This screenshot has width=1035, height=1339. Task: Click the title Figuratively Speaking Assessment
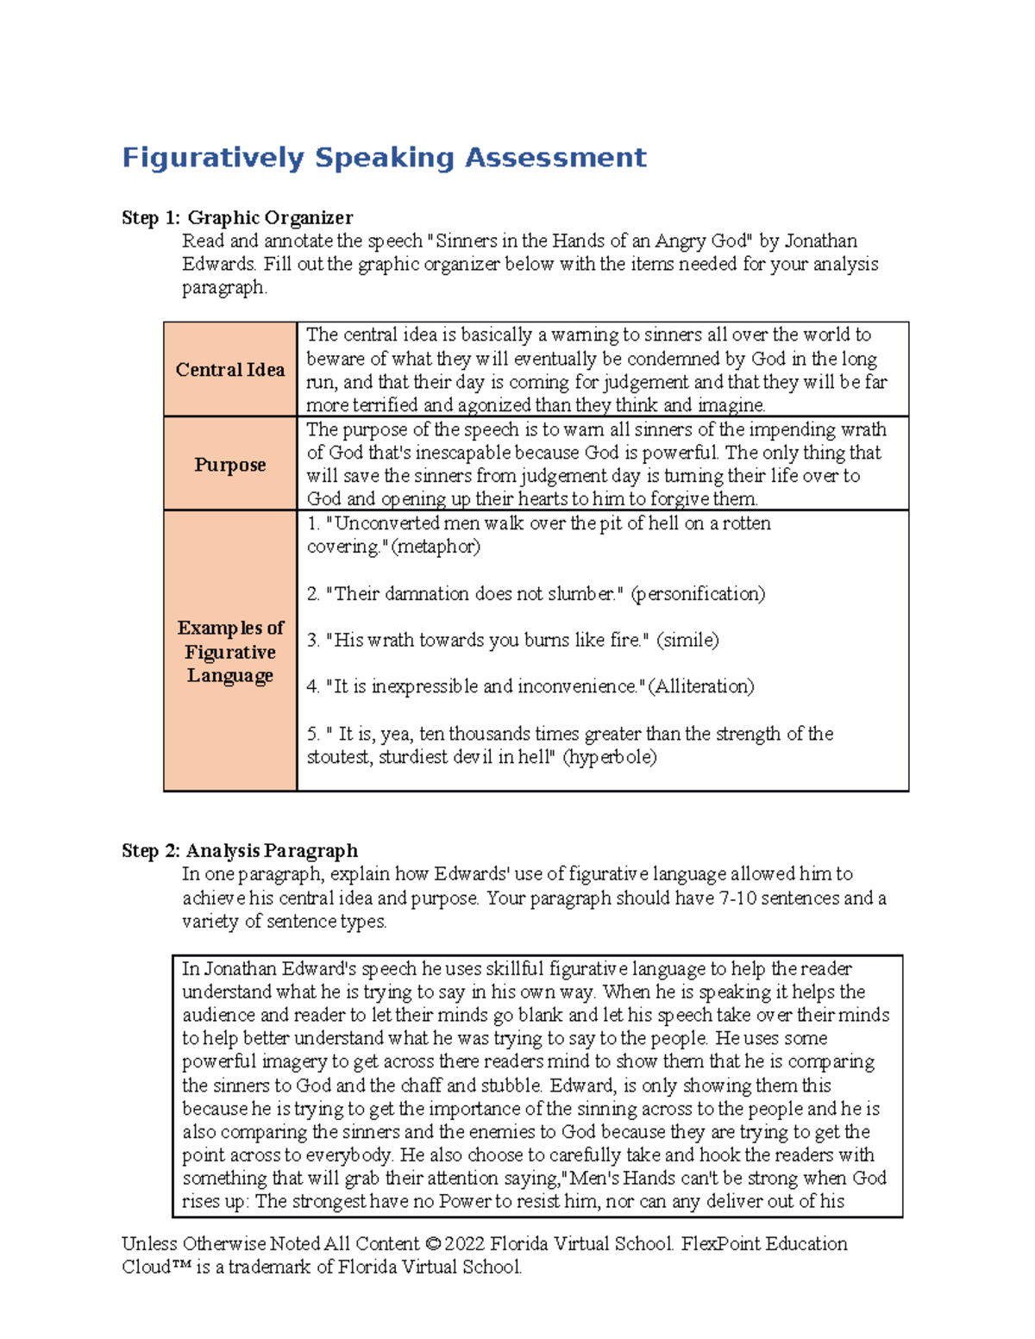click(x=384, y=158)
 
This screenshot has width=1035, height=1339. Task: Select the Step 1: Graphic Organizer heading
click(x=237, y=217)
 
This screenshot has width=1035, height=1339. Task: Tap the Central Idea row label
click(x=230, y=370)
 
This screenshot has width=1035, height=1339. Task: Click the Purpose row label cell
click(x=230, y=465)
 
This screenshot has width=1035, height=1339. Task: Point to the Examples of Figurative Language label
click(x=230, y=652)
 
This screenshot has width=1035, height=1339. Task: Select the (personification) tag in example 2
click(x=698, y=594)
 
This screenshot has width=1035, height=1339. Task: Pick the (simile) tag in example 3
click(x=687, y=641)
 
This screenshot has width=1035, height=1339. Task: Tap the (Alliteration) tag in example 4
click(x=701, y=686)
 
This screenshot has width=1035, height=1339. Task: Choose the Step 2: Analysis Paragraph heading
click(x=240, y=851)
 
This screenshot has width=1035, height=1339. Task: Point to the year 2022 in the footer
click(x=465, y=1244)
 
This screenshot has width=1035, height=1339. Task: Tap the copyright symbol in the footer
click(x=433, y=1244)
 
